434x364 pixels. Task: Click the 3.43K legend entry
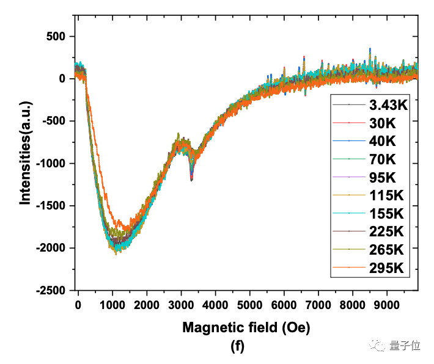click(388, 105)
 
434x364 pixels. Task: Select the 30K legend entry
click(382, 123)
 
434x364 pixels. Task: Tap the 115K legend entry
click(386, 195)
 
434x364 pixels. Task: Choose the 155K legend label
click(386, 213)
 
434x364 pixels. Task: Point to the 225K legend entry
click(386, 231)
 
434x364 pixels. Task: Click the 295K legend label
click(386, 268)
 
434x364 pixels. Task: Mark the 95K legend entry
click(382, 177)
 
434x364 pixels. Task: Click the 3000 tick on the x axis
click(181, 304)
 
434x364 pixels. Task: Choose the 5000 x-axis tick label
click(249, 304)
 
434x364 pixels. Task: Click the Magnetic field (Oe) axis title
click(246, 327)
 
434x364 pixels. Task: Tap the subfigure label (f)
click(238, 347)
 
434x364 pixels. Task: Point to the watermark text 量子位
click(405, 346)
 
